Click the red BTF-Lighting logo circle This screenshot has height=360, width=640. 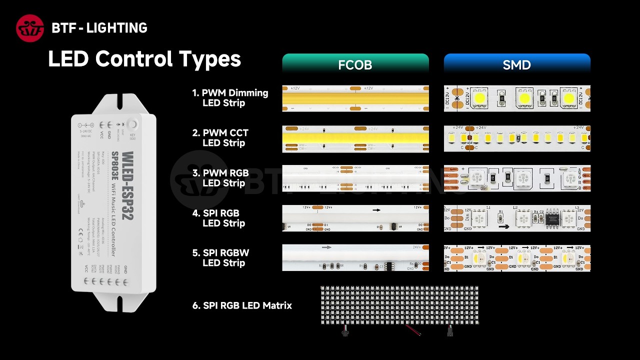[30, 28]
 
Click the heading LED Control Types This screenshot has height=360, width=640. [144, 59]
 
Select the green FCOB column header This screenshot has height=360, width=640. [355, 64]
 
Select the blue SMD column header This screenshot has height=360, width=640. [517, 64]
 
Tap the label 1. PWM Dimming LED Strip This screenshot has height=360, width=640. [230, 98]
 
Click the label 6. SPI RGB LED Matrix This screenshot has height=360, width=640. [242, 305]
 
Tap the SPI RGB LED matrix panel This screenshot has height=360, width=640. [399, 305]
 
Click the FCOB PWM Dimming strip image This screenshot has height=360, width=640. [355, 98]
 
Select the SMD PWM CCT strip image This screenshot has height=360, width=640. [517, 138]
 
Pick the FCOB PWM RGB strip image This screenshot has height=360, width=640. [355, 178]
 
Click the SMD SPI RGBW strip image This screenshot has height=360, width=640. [517, 258]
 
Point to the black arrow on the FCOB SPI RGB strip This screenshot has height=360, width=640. [376, 210]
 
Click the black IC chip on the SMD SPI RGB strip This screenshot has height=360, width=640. [552, 218]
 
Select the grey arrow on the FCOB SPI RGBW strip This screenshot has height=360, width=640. [326, 247]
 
